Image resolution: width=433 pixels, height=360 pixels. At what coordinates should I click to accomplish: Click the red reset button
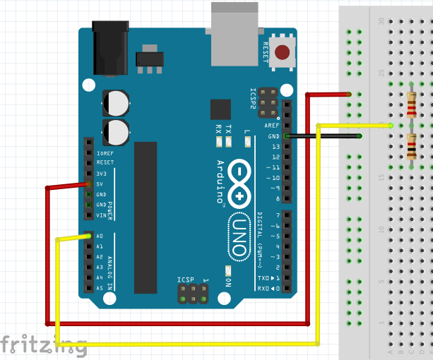(283, 52)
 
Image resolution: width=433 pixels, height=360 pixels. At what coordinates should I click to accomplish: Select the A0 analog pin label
(99, 236)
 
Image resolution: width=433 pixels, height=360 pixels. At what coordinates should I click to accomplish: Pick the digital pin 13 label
(275, 145)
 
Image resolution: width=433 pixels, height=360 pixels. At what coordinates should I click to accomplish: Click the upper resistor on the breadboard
(412, 106)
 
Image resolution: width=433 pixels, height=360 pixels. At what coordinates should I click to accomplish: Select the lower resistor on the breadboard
(412, 147)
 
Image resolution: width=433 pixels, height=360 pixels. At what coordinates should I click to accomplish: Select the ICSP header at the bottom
(193, 294)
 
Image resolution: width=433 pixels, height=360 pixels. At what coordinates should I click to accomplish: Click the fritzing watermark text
(42, 344)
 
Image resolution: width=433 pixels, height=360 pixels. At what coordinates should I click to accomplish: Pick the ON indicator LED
(227, 271)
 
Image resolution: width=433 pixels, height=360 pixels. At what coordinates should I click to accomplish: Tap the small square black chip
(220, 109)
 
